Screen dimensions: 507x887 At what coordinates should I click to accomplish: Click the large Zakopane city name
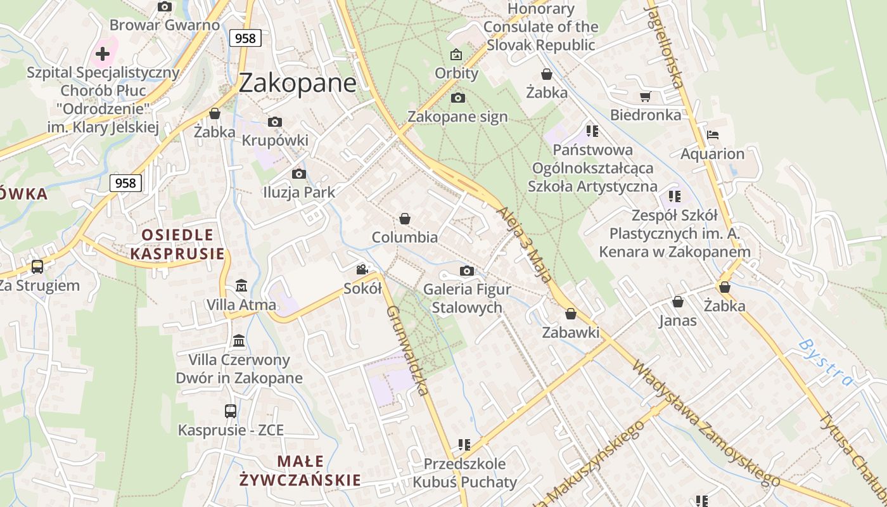(x=298, y=82)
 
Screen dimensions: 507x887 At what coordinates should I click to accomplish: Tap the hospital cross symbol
(x=103, y=53)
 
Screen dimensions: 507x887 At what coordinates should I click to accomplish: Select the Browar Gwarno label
(x=165, y=25)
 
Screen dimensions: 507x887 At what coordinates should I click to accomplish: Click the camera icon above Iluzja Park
(x=299, y=174)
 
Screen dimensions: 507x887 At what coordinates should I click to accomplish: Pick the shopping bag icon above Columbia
(x=405, y=219)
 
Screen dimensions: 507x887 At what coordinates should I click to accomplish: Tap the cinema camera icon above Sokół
(x=362, y=270)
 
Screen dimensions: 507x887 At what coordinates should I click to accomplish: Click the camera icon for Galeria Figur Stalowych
(x=467, y=271)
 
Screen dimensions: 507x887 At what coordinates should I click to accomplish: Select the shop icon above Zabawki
(x=571, y=314)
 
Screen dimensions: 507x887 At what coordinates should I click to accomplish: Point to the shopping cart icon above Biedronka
(x=645, y=97)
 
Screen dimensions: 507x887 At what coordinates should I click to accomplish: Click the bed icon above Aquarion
(x=713, y=135)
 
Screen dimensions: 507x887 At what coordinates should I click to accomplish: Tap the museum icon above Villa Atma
(x=241, y=286)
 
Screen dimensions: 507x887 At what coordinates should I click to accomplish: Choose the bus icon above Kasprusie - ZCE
(x=231, y=411)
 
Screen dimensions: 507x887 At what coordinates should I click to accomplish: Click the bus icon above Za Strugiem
(x=37, y=267)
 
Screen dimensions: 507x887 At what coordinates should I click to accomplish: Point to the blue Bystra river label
(x=826, y=363)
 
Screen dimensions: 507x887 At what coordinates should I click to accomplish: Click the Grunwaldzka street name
(x=408, y=350)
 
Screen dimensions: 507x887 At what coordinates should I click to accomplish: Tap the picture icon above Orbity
(x=456, y=55)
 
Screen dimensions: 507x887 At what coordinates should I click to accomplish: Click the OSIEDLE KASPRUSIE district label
(x=177, y=245)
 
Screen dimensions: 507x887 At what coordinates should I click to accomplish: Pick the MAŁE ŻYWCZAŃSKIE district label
(x=300, y=471)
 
